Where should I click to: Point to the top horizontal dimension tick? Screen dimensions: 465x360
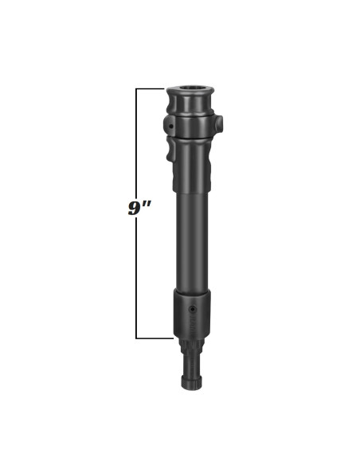tap(151, 88)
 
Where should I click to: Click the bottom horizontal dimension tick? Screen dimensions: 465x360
tap(155, 338)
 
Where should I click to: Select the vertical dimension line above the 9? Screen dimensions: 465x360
tap(137, 143)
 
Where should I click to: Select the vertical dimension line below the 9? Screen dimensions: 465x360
tap(137, 279)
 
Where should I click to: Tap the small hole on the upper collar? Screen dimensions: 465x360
tap(171, 125)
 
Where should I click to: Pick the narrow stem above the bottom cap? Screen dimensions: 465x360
tap(192, 365)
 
